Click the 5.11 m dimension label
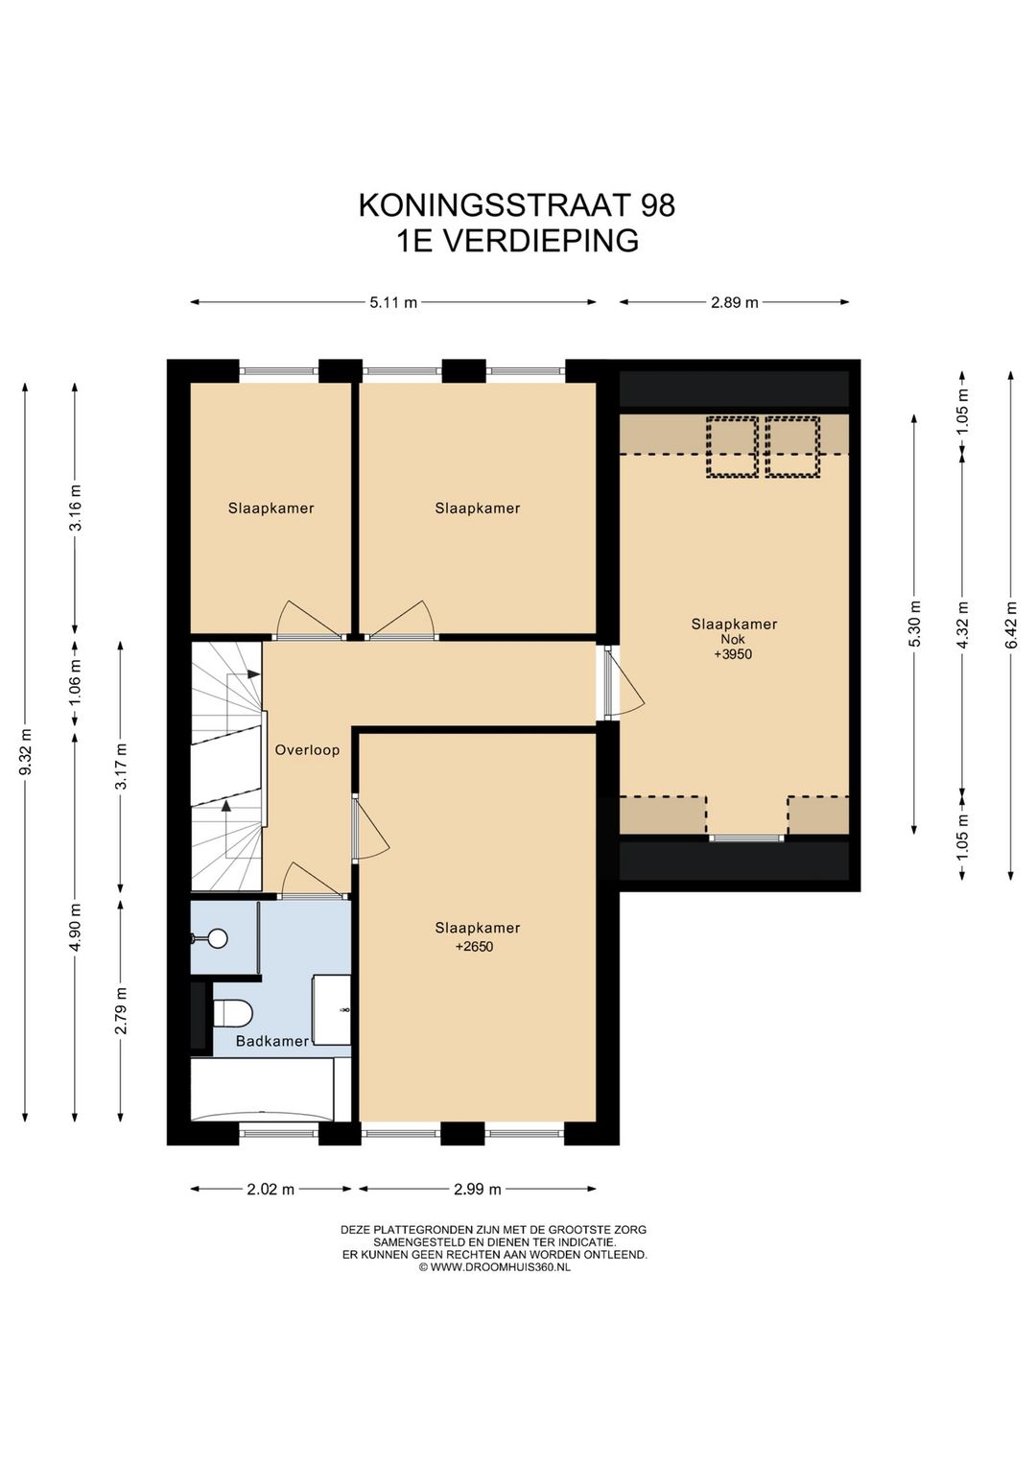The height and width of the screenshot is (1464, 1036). click(393, 302)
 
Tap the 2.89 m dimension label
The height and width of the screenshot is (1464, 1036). click(734, 302)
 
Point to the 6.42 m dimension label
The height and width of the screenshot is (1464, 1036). click(1010, 625)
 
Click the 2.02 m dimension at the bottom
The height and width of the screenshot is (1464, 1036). click(271, 1189)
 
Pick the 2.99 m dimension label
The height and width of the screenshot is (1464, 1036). click(477, 1189)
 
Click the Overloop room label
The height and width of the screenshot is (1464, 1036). click(307, 749)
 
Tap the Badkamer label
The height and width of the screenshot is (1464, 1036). click(272, 1041)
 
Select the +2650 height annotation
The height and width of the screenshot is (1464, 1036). click(474, 947)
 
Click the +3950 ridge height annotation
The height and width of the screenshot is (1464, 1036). click(733, 655)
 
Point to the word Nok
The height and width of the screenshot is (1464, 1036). click(733, 639)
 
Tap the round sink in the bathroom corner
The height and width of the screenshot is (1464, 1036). click(218, 938)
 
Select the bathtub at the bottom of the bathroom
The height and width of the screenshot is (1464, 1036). click(261, 1089)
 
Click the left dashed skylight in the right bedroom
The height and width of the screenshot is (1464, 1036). click(732, 447)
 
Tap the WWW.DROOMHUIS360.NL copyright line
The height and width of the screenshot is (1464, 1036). click(494, 1267)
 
